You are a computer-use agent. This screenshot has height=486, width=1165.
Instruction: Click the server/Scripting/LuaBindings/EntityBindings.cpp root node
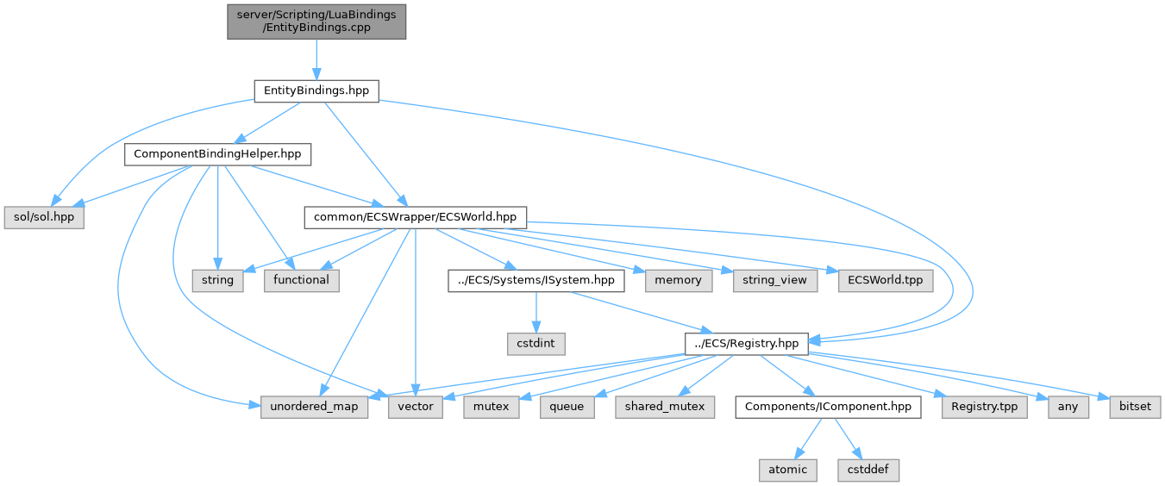point(316,22)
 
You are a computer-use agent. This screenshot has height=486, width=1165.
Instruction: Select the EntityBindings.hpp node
point(316,90)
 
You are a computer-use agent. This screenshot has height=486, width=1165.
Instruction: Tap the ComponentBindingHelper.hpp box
point(217,154)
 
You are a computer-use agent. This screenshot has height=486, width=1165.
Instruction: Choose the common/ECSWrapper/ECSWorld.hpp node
point(415,217)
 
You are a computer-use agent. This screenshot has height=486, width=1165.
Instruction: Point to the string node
point(217,280)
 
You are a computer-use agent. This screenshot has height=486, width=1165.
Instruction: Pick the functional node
point(302,280)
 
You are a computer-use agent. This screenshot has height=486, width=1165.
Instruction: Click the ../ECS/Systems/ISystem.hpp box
point(536,280)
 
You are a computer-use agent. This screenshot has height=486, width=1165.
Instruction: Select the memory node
point(678,280)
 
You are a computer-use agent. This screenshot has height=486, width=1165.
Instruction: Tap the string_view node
point(775,280)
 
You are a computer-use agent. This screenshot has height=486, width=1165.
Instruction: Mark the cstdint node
point(536,343)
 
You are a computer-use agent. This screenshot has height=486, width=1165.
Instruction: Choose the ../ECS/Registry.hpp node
point(747,343)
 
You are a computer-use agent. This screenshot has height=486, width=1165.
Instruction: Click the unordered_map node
point(315,406)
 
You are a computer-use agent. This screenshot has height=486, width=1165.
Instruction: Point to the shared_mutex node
point(665,406)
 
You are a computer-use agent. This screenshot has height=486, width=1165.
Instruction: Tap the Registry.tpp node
point(985,406)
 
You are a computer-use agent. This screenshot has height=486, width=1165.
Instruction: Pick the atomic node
point(787,470)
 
